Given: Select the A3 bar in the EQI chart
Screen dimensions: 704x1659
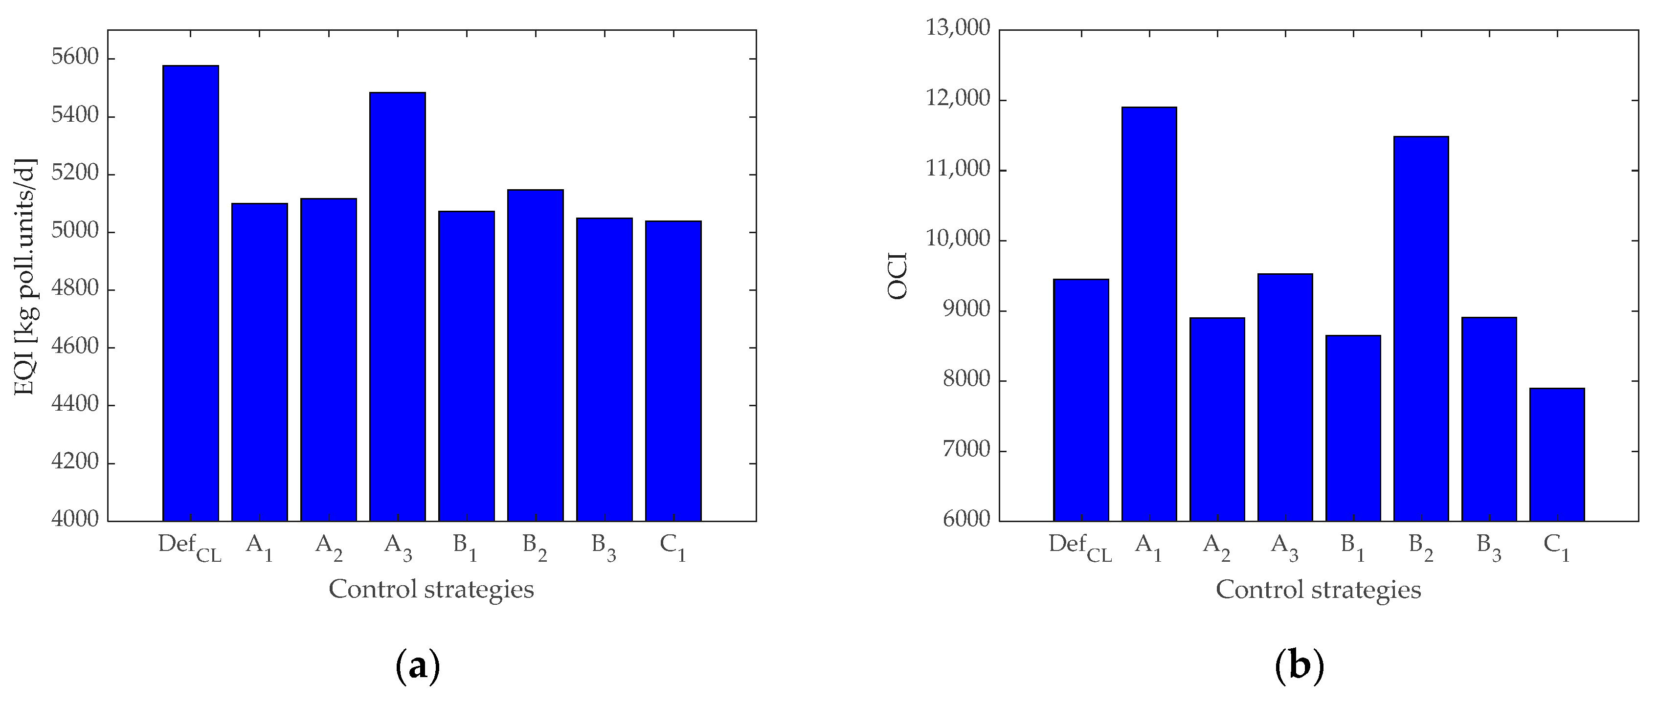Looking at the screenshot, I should coord(397,307).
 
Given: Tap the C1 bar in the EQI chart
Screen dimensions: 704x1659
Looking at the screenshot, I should coord(673,371).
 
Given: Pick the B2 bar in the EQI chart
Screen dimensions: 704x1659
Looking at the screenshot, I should coord(535,355).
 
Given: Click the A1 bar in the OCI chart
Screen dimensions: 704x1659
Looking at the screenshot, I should coord(1149,314).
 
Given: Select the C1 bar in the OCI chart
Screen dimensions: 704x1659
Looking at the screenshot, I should coord(1557,454).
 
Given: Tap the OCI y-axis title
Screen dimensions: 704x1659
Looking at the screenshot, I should coord(897,275).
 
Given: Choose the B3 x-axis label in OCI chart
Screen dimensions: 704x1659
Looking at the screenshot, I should coord(1488,547).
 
